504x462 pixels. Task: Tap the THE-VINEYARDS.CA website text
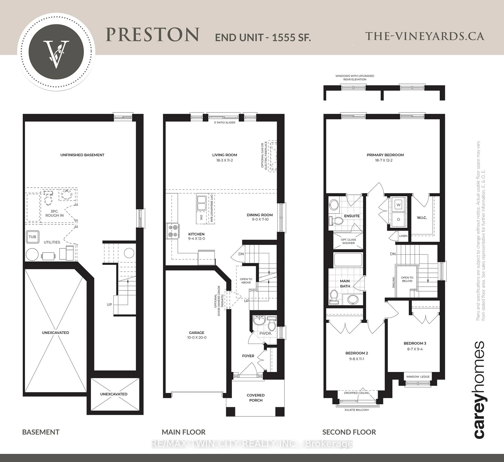(424, 36)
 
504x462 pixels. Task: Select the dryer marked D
(398, 219)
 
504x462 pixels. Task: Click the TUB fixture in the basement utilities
(33, 237)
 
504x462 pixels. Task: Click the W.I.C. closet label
(422, 218)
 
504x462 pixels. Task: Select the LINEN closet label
(403, 236)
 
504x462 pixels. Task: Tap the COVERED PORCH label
(256, 398)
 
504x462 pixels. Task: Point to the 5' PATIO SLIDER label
(224, 123)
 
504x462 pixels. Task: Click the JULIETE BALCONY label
(356, 410)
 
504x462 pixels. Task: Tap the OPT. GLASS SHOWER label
(348, 241)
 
